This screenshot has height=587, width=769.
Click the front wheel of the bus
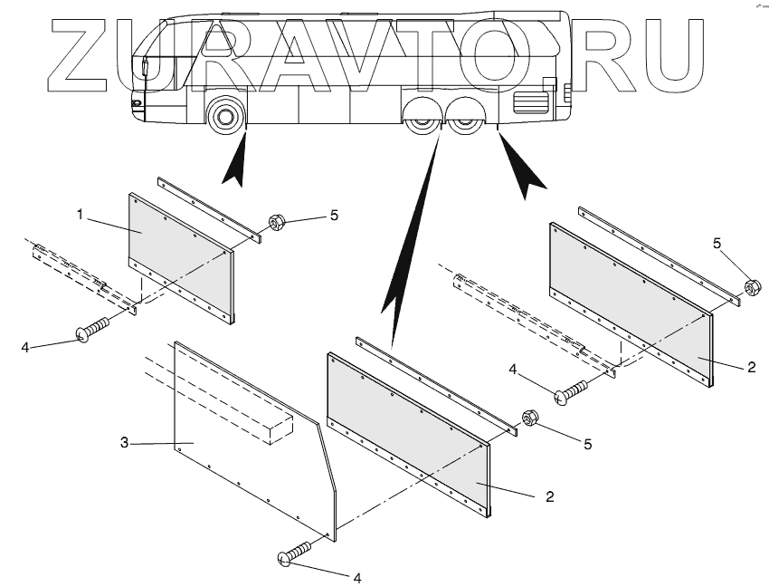point(223,116)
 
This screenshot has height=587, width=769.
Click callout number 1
point(81,215)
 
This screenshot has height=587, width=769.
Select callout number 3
point(124,443)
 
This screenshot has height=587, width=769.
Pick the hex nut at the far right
point(752,288)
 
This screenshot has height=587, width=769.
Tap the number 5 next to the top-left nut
point(334,216)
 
